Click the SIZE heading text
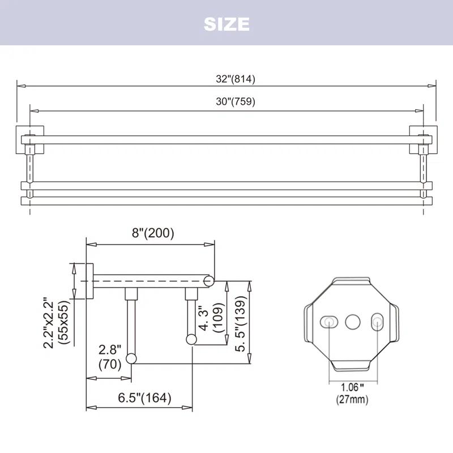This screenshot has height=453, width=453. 226,24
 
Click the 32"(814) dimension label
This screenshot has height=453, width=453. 236,79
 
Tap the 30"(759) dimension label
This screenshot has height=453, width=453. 236,102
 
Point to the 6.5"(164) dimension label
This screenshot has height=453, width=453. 144,398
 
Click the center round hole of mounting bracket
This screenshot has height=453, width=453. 353,322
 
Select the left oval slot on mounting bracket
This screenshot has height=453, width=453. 328,322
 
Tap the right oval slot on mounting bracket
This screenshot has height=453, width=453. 377,322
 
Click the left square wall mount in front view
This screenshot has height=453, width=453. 26,136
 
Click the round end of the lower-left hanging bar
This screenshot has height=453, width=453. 131,358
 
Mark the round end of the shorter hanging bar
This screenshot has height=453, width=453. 191,339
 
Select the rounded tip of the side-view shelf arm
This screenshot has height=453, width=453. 209,280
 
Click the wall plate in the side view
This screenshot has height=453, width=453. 89,280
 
